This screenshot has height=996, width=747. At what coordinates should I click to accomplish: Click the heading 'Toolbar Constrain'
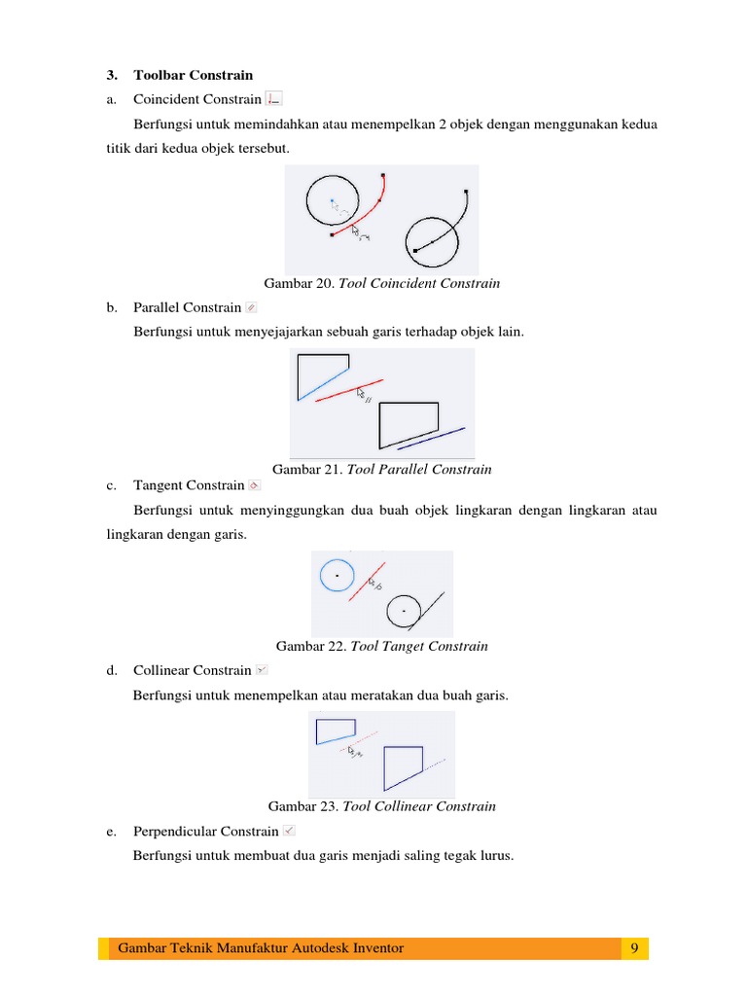pyautogui.click(x=193, y=75)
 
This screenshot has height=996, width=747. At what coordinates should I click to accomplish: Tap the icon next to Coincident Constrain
pyautogui.click(x=273, y=98)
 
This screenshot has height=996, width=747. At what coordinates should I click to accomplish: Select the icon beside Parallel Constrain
pyautogui.click(x=251, y=307)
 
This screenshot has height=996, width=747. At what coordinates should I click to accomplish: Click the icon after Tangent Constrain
pyautogui.click(x=254, y=484)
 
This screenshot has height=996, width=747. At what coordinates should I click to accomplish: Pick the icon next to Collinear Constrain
pyautogui.click(x=262, y=670)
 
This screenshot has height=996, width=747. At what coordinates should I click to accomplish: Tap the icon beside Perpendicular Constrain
pyautogui.click(x=289, y=832)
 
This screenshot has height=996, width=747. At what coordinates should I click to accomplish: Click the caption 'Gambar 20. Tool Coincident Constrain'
pyautogui.click(x=382, y=284)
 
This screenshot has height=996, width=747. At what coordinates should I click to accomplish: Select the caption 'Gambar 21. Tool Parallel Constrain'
pyautogui.click(x=382, y=469)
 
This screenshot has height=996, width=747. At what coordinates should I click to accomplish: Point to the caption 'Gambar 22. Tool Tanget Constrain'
pyautogui.click(x=382, y=646)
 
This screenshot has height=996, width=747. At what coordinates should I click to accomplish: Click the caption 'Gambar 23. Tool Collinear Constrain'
pyautogui.click(x=382, y=806)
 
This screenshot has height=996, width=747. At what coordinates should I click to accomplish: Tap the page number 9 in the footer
pyautogui.click(x=634, y=948)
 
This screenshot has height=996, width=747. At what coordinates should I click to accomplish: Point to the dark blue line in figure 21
pyautogui.click(x=431, y=439)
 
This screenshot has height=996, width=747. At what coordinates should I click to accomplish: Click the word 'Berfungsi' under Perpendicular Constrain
pyautogui.click(x=160, y=857)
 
